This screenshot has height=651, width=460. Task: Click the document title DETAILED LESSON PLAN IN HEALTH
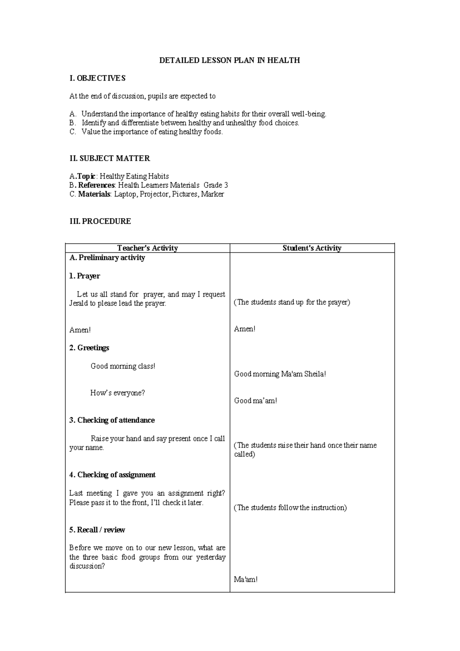point(229,60)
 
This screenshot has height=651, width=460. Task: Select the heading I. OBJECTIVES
point(97,78)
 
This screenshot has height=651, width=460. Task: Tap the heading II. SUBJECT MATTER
point(110,158)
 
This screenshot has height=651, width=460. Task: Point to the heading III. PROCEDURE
point(100,221)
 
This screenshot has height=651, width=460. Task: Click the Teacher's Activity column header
point(148,248)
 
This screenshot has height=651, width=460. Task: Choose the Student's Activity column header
point(312,248)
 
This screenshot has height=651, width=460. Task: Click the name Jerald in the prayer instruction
point(78,303)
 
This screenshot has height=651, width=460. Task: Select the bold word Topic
point(86,176)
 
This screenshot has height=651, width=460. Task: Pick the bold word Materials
point(94,194)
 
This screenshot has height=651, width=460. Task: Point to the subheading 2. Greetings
point(89,348)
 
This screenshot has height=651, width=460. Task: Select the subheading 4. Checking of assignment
point(112,475)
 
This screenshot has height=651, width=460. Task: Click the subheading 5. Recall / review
point(97,530)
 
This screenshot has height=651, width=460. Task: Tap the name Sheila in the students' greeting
point(314,374)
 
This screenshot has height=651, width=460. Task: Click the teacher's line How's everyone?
point(118,393)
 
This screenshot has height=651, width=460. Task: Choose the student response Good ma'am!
point(255,401)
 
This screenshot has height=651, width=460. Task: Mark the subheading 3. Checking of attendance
point(112,420)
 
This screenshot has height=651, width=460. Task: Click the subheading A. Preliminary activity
point(107,258)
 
